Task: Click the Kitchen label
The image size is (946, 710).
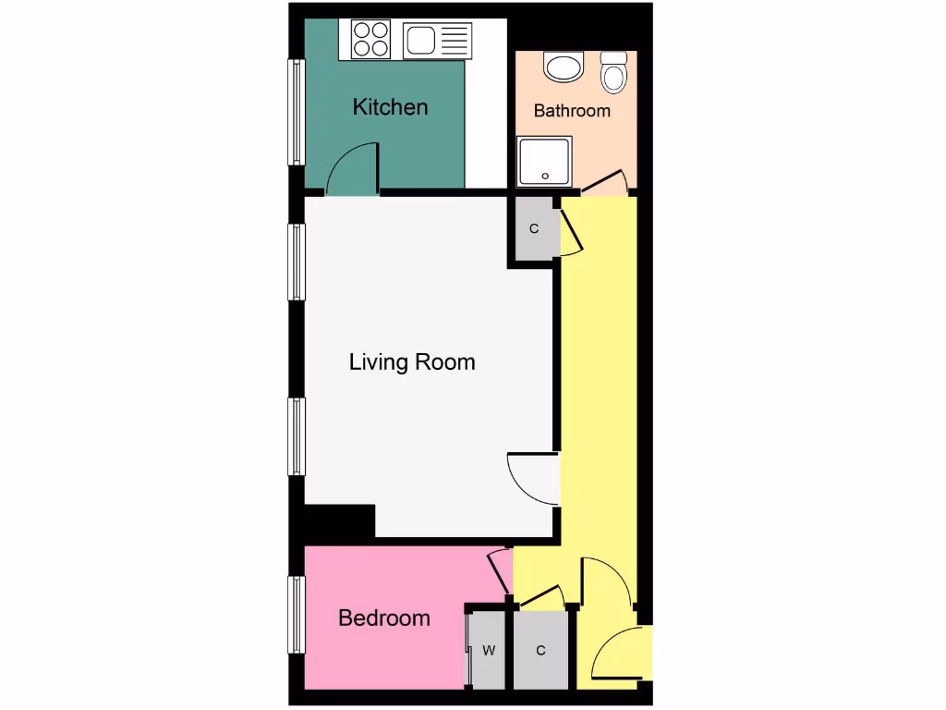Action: (390, 107)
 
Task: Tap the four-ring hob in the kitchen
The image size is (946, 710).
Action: (370, 39)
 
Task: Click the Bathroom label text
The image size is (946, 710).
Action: (572, 111)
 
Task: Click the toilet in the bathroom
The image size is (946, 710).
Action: (613, 71)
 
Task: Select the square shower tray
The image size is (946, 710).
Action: (544, 162)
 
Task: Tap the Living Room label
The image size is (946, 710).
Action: (412, 361)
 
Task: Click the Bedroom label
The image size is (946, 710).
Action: (384, 618)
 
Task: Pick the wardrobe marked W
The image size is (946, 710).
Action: (488, 651)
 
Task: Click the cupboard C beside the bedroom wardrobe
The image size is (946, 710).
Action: (540, 651)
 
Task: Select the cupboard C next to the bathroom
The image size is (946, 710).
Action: (534, 228)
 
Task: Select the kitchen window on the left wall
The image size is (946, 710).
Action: (297, 112)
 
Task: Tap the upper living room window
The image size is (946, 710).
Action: (297, 262)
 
